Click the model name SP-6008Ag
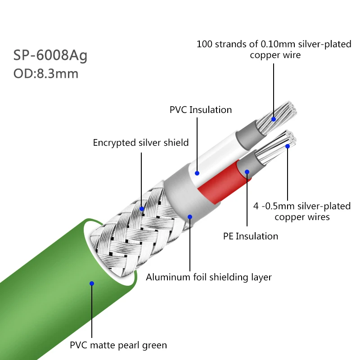(50, 55)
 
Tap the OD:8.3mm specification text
(46, 73)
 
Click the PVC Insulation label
(201, 110)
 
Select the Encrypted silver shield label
(141, 143)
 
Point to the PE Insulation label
(251, 236)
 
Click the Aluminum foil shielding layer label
(209, 277)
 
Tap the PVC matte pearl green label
(118, 346)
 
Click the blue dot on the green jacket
(91, 283)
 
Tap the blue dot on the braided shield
(142, 209)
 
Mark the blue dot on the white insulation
(197, 173)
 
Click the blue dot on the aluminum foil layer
(190, 217)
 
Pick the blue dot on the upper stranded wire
(273, 119)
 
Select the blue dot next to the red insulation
(247, 171)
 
